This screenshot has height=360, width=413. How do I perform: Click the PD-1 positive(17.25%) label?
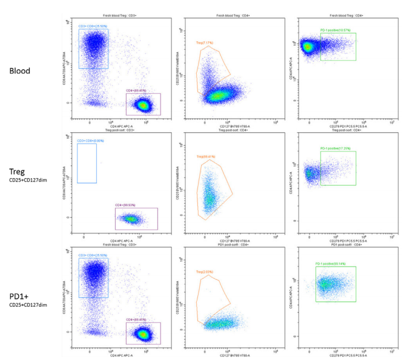pos(337,148)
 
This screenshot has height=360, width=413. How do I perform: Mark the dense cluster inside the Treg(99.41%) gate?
pos(209,197)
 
